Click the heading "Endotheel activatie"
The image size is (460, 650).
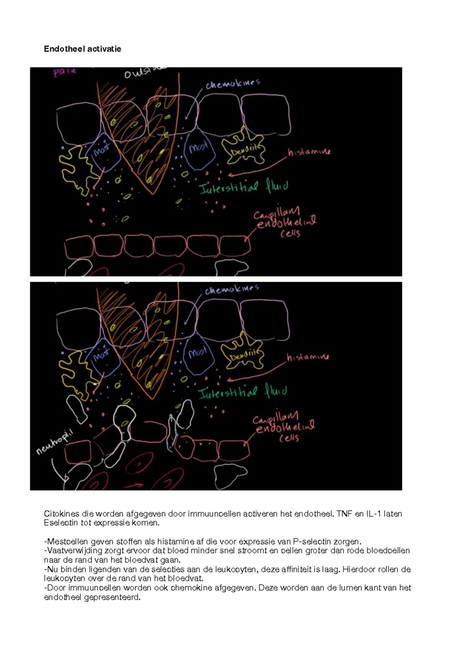click(x=82, y=49)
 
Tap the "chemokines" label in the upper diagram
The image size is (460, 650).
click(x=233, y=84)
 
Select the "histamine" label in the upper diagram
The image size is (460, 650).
click(x=309, y=152)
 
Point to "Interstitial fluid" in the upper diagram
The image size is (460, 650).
click(x=243, y=188)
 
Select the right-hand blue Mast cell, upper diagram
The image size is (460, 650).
click(x=199, y=149)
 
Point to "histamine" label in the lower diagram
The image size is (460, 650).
click(x=308, y=357)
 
